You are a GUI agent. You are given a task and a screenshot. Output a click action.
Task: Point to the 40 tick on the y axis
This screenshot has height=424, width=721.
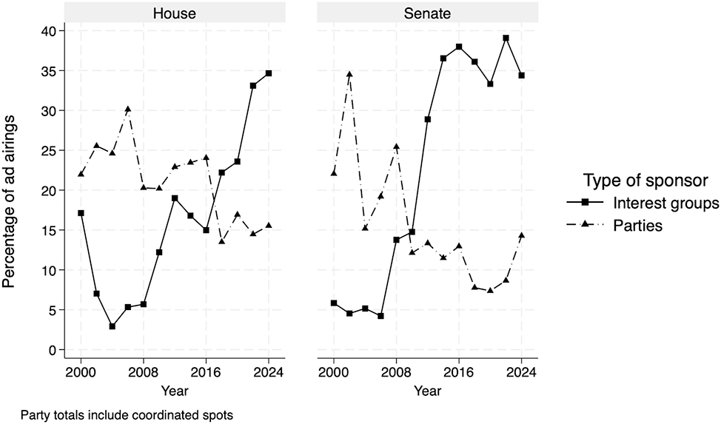(x=49, y=30)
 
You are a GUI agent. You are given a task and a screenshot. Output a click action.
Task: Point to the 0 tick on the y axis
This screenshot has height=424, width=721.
(x=53, y=350)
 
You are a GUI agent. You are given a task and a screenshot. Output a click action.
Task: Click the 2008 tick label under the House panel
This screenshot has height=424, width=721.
(x=143, y=372)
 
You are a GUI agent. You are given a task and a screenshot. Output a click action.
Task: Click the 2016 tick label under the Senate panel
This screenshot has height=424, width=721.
(x=458, y=372)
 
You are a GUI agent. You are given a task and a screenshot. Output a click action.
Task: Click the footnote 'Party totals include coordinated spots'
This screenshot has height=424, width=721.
(x=127, y=415)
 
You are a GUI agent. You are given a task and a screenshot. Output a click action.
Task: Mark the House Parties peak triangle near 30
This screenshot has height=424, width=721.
(x=127, y=109)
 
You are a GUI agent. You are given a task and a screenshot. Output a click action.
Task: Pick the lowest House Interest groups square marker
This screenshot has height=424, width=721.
(x=112, y=326)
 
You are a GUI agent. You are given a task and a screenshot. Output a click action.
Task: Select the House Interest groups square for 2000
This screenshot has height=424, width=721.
(x=81, y=213)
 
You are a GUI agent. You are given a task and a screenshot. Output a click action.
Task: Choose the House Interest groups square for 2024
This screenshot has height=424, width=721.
(x=268, y=73)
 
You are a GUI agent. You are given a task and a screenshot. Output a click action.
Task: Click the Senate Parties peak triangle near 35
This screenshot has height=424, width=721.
(x=349, y=74)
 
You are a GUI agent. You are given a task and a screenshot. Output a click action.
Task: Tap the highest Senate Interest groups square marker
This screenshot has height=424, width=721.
(x=506, y=38)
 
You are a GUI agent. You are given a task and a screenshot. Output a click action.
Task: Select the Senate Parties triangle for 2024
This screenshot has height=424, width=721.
(x=521, y=235)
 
